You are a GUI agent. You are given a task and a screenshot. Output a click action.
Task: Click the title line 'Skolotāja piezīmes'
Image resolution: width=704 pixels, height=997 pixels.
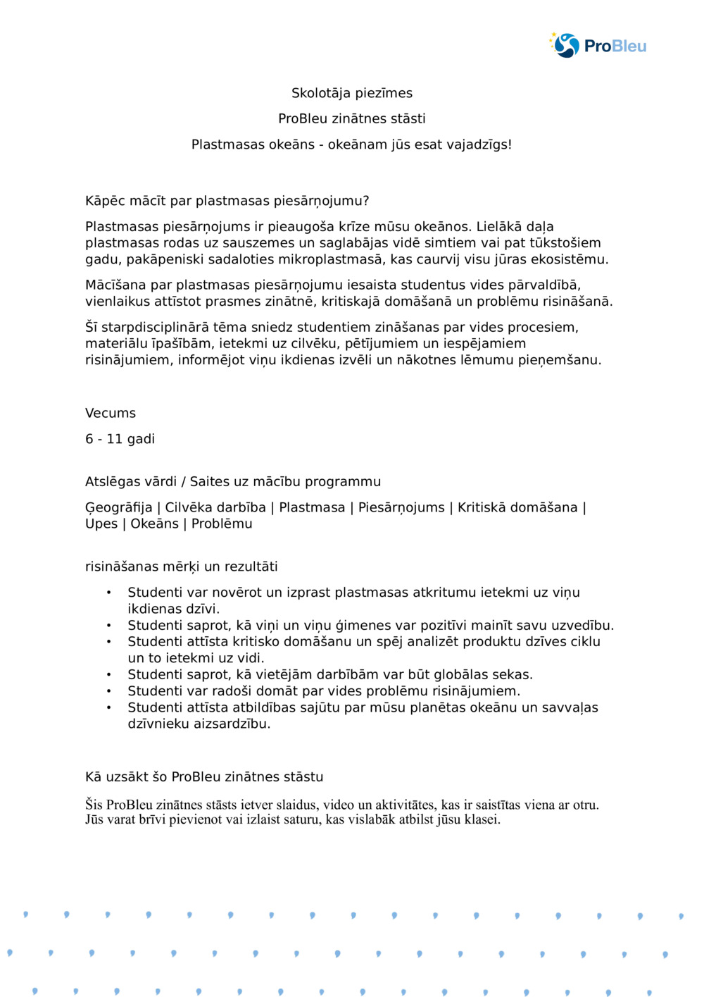tap(352, 93)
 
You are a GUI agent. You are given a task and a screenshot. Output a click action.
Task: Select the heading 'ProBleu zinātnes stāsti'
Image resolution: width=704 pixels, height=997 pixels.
tap(352, 118)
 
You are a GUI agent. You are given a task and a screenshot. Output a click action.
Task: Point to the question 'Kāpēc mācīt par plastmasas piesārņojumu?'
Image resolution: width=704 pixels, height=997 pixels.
tap(227, 201)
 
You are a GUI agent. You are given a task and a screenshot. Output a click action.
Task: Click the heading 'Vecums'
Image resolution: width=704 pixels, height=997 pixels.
tap(111, 413)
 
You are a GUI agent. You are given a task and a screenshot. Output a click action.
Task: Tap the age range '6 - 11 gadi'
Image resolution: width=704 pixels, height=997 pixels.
tap(120, 439)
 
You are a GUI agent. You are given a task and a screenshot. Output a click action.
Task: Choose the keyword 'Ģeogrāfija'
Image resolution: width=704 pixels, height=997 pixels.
tap(118, 507)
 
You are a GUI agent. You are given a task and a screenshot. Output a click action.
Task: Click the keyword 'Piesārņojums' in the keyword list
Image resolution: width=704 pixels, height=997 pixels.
tap(401, 507)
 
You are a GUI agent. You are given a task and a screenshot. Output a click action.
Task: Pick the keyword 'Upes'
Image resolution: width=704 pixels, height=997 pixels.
tap(101, 524)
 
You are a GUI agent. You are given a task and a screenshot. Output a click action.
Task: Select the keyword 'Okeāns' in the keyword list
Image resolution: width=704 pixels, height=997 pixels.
tap(154, 524)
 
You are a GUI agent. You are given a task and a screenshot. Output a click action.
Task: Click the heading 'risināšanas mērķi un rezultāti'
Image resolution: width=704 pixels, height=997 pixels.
tap(182, 566)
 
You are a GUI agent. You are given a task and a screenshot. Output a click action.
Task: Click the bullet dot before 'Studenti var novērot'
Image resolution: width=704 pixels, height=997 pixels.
tap(108, 593)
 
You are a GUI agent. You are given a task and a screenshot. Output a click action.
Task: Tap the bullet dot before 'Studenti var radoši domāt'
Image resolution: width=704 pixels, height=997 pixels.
tap(108, 691)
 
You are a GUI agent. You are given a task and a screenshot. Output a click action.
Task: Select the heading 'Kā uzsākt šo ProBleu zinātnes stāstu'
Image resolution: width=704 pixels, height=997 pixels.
tap(204, 776)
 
